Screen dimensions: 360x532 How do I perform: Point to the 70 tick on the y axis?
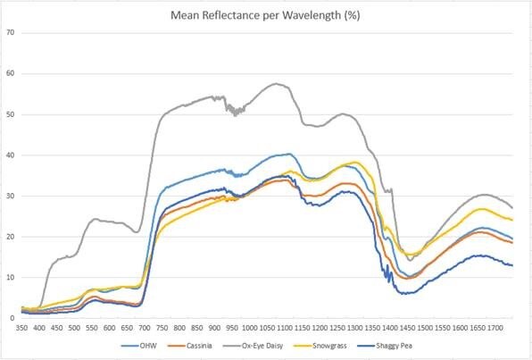(11, 33)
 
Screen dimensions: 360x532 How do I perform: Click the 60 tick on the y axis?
(11, 74)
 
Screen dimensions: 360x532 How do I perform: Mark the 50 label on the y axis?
(11, 114)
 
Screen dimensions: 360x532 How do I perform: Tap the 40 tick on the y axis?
(11, 155)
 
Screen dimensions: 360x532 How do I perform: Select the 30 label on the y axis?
(11, 196)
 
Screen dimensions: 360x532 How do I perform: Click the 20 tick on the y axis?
(11, 237)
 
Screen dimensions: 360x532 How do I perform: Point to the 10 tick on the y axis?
(11, 277)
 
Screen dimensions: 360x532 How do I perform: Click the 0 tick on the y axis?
(13, 318)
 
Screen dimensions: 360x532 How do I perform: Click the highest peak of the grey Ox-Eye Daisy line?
(277, 84)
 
